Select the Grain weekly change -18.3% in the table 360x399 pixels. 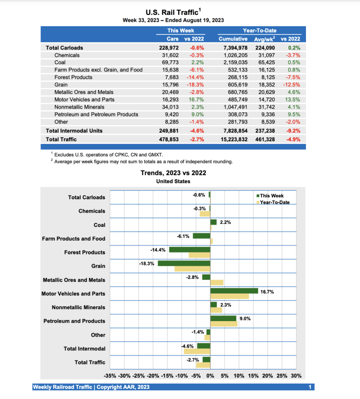[197, 85]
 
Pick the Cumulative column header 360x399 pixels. [233, 39]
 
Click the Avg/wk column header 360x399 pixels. [264, 39]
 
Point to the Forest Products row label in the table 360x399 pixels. [73, 77]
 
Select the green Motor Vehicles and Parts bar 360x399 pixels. [234, 291]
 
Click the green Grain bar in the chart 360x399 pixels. [184, 263]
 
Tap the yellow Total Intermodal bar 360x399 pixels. [197, 351]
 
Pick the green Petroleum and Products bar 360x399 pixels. [223, 318]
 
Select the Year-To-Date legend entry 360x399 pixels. [274, 202]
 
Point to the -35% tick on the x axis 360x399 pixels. [110, 376]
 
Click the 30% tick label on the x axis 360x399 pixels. [296, 376]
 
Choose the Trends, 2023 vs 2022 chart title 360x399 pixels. [173, 173]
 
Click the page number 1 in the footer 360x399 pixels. [310, 387]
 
